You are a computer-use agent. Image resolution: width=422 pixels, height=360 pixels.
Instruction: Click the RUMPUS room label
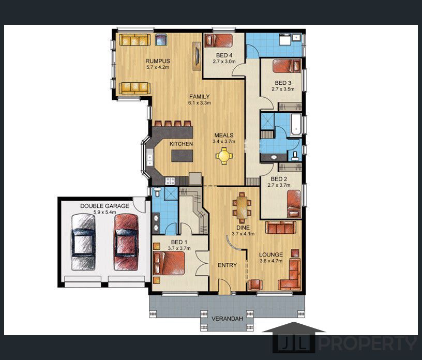click(x=158, y=61)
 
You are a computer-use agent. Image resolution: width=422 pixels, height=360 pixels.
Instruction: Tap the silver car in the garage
click(x=83, y=236)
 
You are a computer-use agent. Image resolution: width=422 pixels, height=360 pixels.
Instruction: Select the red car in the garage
click(x=126, y=236)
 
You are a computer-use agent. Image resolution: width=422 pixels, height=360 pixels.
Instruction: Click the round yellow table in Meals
click(x=224, y=155)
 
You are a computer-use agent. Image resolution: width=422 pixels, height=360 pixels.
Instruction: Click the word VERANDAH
click(x=227, y=319)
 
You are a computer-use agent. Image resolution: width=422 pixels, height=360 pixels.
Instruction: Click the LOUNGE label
click(x=271, y=254)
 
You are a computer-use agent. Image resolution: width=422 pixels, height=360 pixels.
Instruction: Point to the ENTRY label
click(x=227, y=265)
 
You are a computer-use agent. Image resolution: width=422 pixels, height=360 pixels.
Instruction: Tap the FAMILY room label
click(x=199, y=97)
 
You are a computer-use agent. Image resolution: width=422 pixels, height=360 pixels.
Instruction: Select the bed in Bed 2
click(x=294, y=203)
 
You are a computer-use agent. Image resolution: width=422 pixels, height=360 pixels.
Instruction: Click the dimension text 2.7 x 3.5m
click(x=282, y=89)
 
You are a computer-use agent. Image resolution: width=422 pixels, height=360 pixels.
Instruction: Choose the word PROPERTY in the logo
click(x=368, y=343)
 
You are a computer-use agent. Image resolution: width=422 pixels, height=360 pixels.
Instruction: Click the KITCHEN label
click(x=181, y=143)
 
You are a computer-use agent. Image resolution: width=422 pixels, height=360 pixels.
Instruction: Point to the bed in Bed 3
click(x=287, y=66)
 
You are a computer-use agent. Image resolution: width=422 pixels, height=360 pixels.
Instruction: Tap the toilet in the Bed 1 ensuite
click(x=158, y=192)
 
